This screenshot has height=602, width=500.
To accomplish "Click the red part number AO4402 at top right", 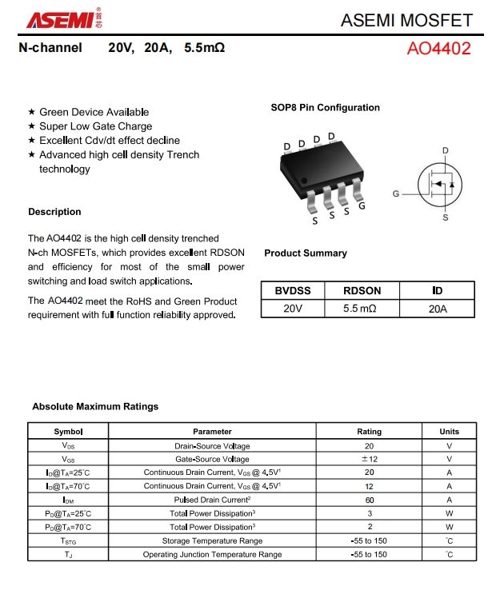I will [438, 48].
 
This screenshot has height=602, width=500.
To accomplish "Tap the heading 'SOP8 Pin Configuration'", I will [325, 108].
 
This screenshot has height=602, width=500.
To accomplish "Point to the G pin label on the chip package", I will [362, 205].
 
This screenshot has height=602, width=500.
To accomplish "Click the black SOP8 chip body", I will [320, 169].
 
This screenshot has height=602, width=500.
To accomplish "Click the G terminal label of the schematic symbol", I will [395, 194].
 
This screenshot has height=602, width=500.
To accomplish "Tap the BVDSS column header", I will [292, 291].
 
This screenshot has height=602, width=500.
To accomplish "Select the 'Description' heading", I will [54, 212].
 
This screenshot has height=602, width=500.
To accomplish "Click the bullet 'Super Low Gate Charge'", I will [95, 126].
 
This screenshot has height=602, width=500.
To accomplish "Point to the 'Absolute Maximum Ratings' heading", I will [95, 406].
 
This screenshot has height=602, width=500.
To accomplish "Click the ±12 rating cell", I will [369, 459].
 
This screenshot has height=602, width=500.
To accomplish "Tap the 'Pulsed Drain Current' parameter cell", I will [212, 500].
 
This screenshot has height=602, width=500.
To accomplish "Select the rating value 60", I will [369, 500].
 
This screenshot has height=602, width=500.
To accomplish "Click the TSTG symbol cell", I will [68, 540].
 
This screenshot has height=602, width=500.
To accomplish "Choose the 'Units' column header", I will [449, 432].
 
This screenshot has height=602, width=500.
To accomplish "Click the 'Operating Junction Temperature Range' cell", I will [212, 554].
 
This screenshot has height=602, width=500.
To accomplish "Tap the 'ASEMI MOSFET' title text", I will [406, 20].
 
